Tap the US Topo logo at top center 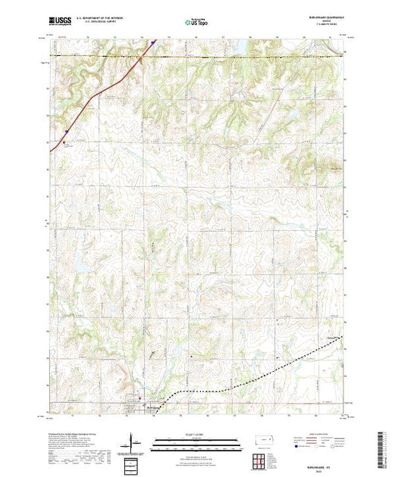[x=197, y=23]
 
